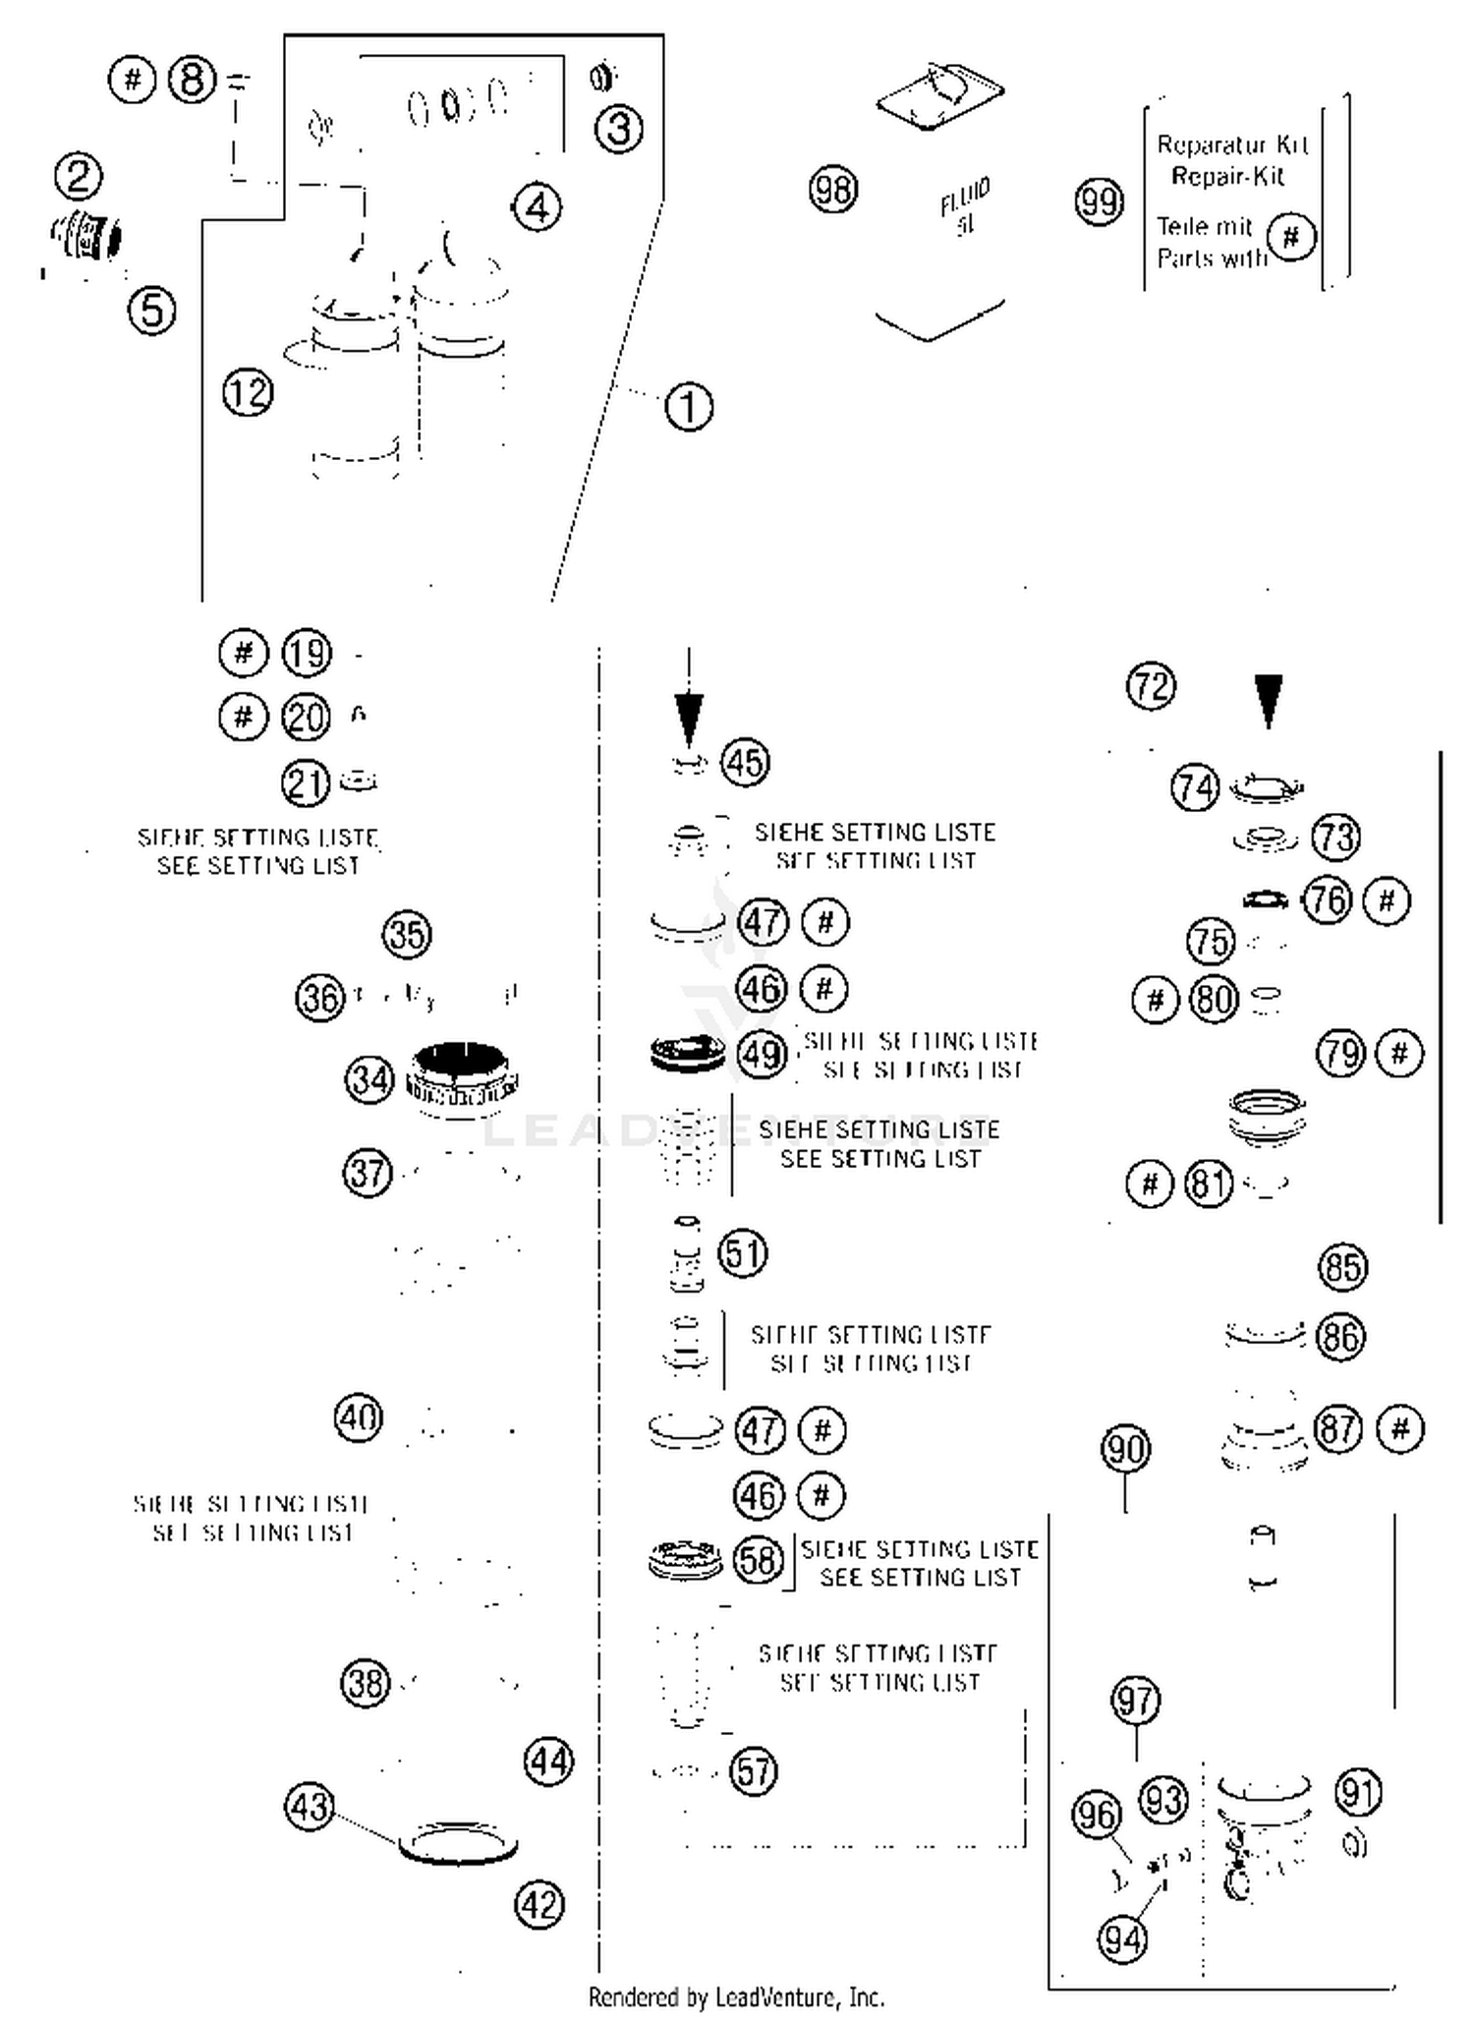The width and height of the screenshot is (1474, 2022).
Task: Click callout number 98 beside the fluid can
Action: [x=832, y=189]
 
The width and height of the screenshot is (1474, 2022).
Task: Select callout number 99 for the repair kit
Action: [x=1099, y=202]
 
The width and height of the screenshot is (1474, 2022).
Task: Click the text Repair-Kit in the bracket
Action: [x=1227, y=177]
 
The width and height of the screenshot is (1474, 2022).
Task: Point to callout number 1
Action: [x=689, y=406]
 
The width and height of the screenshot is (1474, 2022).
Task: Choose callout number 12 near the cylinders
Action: [x=248, y=392]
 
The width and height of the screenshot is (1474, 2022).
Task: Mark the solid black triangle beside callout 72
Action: [x=1269, y=698]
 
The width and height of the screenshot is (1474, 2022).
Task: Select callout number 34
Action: [x=369, y=1079]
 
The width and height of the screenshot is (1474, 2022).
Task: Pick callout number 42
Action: [x=539, y=1905]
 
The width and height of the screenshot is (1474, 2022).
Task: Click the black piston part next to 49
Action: [x=687, y=1053]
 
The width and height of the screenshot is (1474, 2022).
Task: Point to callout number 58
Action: [x=758, y=1559]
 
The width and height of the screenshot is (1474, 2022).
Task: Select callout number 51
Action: [x=743, y=1253]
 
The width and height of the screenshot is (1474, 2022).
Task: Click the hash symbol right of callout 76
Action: [x=1387, y=899]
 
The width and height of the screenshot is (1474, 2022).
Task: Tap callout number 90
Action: [x=1125, y=1449]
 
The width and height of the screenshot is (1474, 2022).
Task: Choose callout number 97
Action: [x=1136, y=1700]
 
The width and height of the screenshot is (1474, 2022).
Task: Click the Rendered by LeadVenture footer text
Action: [x=736, y=1997]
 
